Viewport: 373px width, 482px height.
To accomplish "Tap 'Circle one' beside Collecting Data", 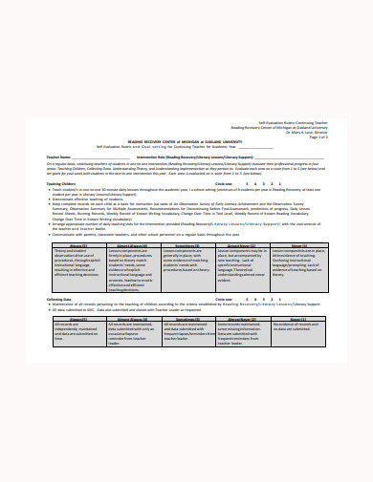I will click(225, 299).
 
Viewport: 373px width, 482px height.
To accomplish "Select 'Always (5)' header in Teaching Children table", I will click(77, 246).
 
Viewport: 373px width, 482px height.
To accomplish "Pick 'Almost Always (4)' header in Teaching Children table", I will click(133, 246).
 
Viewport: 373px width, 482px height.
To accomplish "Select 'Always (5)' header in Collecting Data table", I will click(77, 318).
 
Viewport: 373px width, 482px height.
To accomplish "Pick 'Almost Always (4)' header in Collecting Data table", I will click(133, 318).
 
